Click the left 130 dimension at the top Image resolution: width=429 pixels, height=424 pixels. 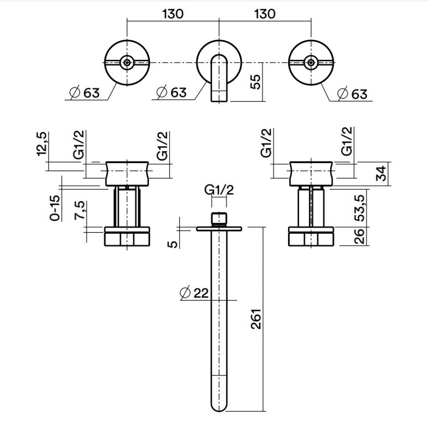[x=173, y=13]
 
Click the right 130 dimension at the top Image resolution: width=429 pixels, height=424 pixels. [x=265, y=13]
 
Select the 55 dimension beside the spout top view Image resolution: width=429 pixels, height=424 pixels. [x=256, y=82]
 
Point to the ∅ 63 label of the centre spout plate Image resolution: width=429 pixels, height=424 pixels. [x=172, y=92]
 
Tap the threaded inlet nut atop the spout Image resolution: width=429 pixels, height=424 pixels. [x=220, y=218]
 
